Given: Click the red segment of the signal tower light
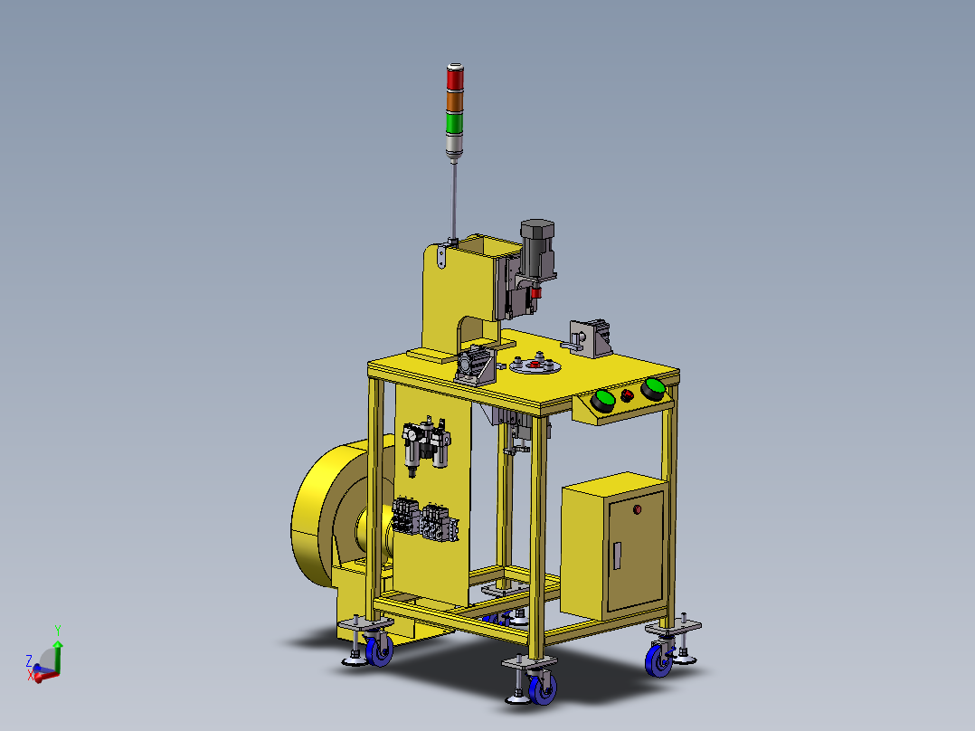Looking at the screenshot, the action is (x=455, y=79).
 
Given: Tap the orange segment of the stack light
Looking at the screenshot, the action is (x=455, y=100).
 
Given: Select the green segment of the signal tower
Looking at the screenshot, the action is (x=455, y=122).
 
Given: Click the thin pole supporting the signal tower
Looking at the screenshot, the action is (x=454, y=200).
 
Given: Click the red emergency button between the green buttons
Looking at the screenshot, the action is (x=627, y=395).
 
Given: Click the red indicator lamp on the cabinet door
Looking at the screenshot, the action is (x=638, y=509).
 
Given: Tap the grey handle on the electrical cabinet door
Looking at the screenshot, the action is (x=617, y=555).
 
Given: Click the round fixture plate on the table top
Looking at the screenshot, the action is (x=535, y=365).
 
